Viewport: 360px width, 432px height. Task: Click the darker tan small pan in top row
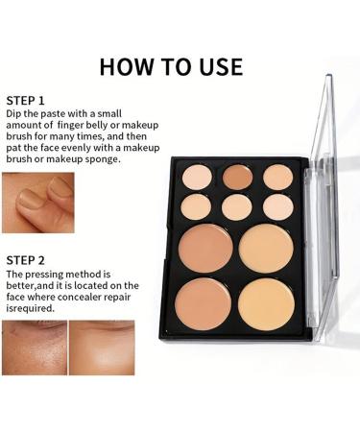point(237,176)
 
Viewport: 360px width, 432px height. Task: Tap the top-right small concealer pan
point(277,177)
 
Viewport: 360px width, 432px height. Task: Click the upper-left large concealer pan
point(205,248)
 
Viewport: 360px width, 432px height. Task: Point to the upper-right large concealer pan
point(266,248)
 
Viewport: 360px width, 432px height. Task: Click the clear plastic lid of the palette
point(326,192)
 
